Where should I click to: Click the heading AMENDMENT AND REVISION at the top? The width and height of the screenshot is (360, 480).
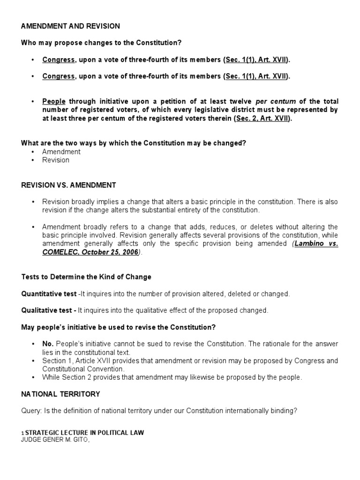point(70,26)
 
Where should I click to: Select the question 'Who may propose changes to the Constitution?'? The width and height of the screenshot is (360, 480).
point(101,43)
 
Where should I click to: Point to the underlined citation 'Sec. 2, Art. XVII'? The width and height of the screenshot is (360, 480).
point(263,119)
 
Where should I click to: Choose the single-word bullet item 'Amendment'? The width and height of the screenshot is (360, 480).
point(61,151)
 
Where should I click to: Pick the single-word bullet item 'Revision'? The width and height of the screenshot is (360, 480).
point(55,160)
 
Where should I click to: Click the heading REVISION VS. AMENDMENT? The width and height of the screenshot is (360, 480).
point(68,185)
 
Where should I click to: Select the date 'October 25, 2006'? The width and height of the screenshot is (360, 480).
point(111,252)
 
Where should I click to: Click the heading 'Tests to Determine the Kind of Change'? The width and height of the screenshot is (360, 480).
point(86,277)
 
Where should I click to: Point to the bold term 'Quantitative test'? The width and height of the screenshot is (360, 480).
point(49,293)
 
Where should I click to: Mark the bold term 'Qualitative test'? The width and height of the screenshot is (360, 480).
point(47,310)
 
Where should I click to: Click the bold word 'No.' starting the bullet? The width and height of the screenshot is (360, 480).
point(48,344)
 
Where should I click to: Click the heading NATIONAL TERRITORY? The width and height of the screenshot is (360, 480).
point(60,394)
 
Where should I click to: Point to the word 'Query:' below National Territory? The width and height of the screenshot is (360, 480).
point(31,411)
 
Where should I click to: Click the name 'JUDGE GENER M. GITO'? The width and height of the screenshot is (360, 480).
point(55,440)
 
